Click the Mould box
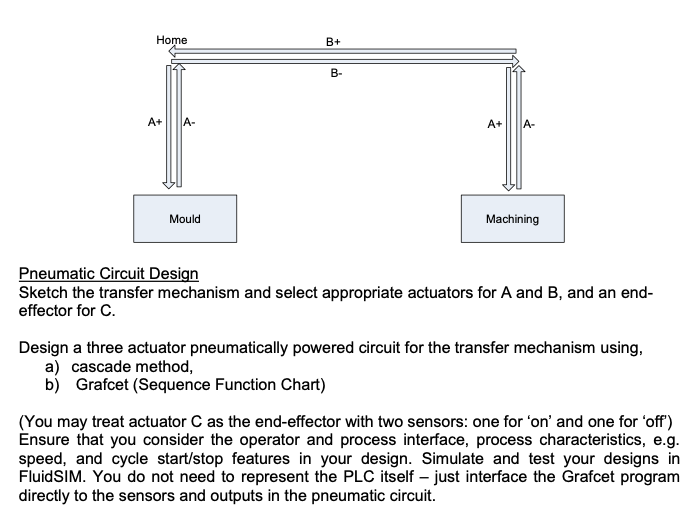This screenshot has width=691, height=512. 185,218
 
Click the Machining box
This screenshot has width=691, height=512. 512,218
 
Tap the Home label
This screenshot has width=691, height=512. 172,39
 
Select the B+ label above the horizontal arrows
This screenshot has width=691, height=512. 334,42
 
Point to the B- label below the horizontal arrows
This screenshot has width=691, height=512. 336,73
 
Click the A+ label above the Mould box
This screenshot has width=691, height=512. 156,123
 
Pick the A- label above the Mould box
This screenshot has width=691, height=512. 187,123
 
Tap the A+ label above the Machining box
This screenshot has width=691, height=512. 495,124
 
